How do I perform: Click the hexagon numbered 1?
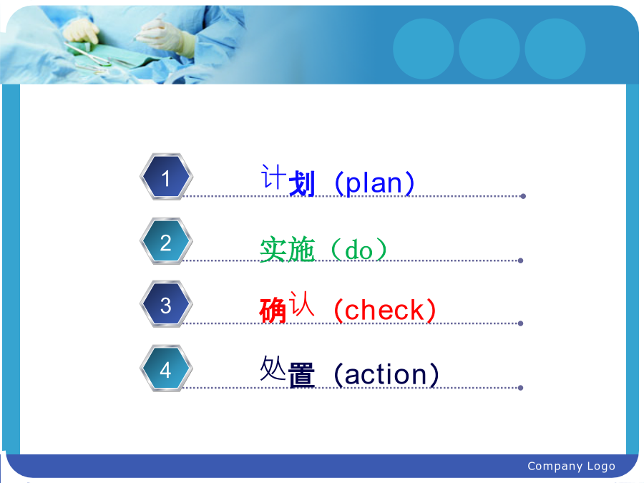pyautogui.click(x=166, y=177)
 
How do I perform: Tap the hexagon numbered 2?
pyautogui.click(x=166, y=242)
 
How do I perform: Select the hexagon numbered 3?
pyautogui.click(x=166, y=304)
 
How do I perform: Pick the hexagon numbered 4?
pyautogui.click(x=166, y=369)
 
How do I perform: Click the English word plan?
pyautogui.click(x=374, y=184)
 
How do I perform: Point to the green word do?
pyautogui.click(x=358, y=250)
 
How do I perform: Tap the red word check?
pyautogui.click(x=384, y=310)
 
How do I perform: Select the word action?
pyautogui.click(x=386, y=374)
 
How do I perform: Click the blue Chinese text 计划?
pyautogui.click(x=288, y=181)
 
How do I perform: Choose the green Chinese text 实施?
pyautogui.click(x=288, y=249)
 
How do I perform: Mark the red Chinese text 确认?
pyautogui.click(x=287, y=307)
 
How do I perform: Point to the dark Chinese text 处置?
pyautogui.click(x=288, y=371)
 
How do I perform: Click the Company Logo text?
pyautogui.click(x=571, y=466)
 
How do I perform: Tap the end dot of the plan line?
pyautogui.click(x=523, y=196)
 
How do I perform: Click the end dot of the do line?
pyautogui.click(x=520, y=260)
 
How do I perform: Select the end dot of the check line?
pyautogui.click(x=520, y=323)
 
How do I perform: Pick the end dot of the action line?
pyautogui.click(x=520, y=388)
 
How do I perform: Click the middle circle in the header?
pyautogui.click(x=489, y=49)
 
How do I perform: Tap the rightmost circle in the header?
pyautogui.click(x=555, y=49)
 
